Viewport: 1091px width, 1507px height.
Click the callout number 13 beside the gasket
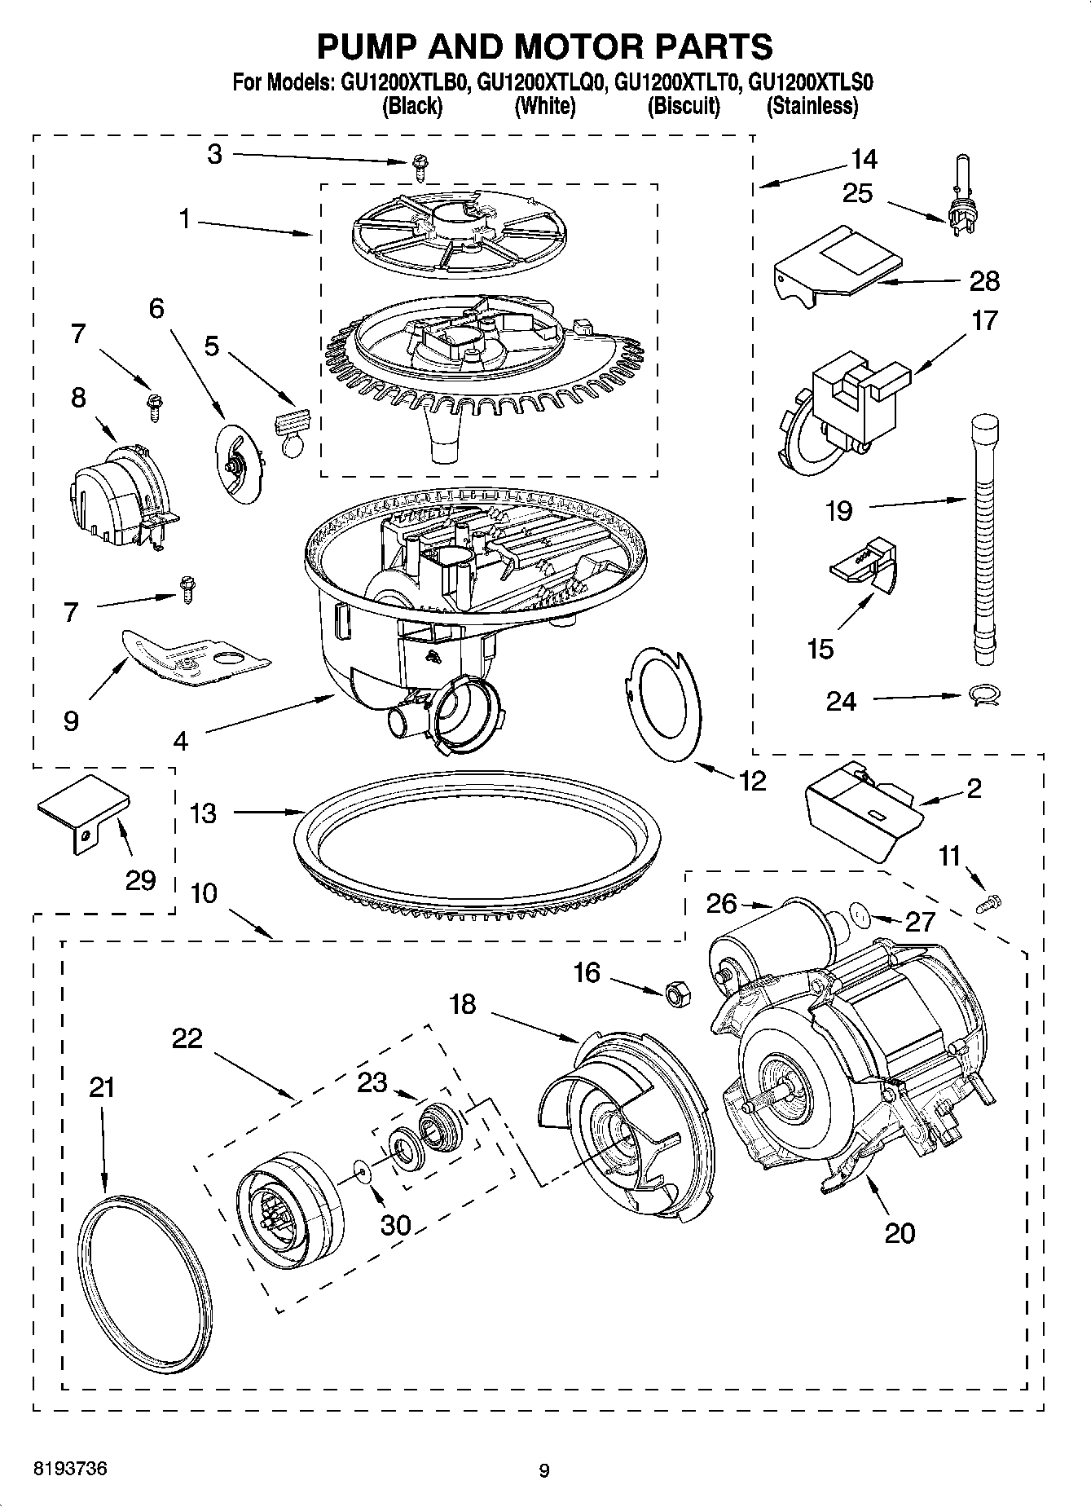click(203, 813)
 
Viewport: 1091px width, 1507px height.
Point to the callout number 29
click(140, 880)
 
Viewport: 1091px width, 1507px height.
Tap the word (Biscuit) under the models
click(683, 106)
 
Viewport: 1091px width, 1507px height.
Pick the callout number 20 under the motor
click(900, 1233)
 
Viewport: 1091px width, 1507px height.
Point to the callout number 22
click(187, 1038)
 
